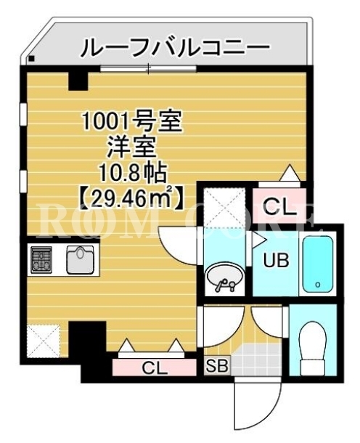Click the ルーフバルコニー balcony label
coord(176,48)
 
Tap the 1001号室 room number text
coord(132,121)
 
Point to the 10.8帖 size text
coord(131,172)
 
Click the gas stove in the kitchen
coord(41,259)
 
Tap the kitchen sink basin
coord(80,260)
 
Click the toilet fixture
coord(313,346)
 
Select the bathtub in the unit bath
coord(317,264)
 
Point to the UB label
coord(276,260)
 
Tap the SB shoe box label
coord(216,366)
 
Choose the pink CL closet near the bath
coord(279,204)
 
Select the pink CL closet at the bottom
coord(154,367)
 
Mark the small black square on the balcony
coord(31,59)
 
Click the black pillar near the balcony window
coord(78,81)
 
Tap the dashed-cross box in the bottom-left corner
coord(44,341)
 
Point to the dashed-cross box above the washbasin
coord(224,207)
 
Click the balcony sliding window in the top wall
coord(149,68)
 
